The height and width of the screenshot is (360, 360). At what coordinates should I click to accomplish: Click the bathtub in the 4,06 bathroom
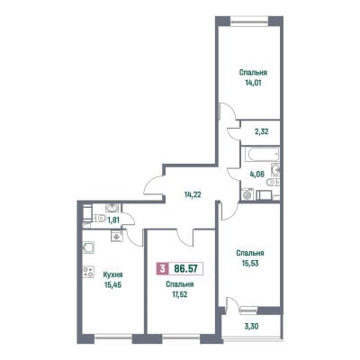[x=260, y=154]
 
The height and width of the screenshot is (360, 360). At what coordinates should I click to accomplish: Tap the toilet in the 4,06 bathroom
[x=273, y=182]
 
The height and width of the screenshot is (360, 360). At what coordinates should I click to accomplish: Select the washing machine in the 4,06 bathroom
[x=247, y=194]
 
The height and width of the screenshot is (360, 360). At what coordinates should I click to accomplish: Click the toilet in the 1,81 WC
[x=99, y=218]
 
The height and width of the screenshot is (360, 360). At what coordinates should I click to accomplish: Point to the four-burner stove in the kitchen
[x=88, y=272]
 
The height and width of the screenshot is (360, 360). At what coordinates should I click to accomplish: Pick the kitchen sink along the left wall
[x=88, y=247]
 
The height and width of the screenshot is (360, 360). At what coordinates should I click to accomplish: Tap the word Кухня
[x=113, y=274]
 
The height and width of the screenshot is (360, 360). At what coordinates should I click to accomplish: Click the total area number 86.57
[x=186, y=268]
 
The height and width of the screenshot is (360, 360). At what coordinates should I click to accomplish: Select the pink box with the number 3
[x=162, y=268]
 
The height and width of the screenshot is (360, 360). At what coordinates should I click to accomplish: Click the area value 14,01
[x=253, y=83]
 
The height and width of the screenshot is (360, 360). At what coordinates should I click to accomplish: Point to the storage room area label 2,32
[x=260, y=131]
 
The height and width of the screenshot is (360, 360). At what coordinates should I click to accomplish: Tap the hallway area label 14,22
[x=193, y=194]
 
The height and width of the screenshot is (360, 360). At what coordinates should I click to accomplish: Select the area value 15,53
[x=250, y=263]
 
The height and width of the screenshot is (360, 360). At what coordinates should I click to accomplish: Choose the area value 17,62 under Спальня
[x=179, y=294]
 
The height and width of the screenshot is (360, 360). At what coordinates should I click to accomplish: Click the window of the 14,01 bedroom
[x=249, y=21]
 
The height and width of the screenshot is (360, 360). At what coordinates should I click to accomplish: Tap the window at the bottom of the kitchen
[x=113, y=338]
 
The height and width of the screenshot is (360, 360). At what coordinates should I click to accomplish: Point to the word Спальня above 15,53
[x=250, y=253]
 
